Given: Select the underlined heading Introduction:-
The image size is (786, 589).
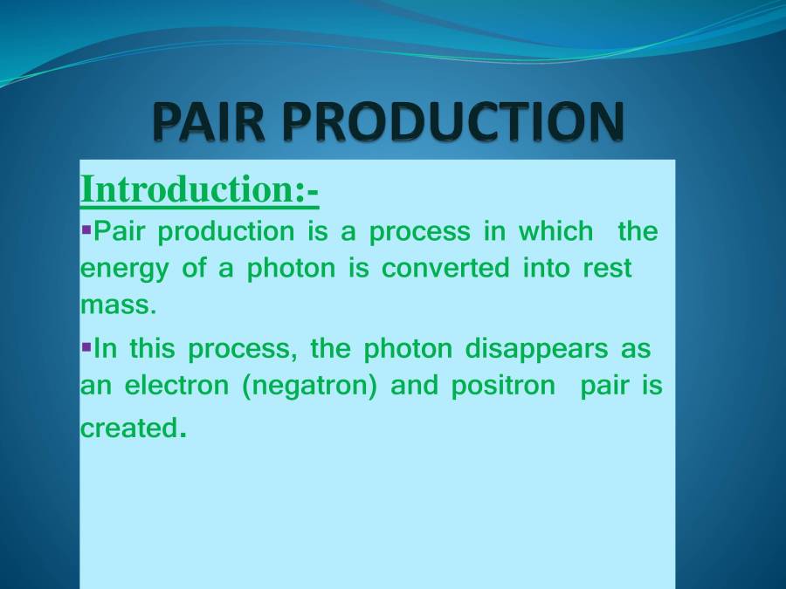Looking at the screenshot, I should tap(199, 189).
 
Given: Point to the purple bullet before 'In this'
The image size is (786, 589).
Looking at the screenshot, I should tap(86, 347).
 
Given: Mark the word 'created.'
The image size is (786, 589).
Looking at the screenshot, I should tap(132, 428).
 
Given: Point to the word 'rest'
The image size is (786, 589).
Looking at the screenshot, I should tap(607, 268).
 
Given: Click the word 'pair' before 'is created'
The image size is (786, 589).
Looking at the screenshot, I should tap(603, 387).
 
